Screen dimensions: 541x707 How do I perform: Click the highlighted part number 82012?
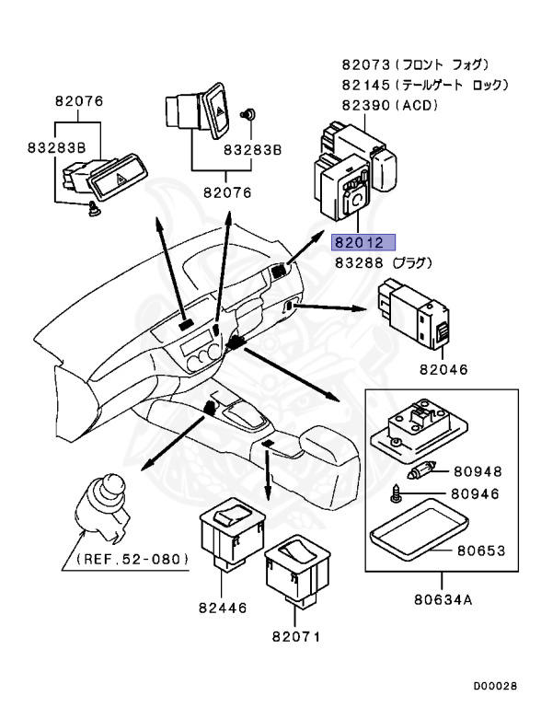point(363,243)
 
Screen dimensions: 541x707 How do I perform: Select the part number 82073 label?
point(365,65)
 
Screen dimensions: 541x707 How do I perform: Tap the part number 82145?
point(365,85)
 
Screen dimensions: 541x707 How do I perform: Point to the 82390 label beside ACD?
point(365,105)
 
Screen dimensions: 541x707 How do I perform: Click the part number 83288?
point(360,263)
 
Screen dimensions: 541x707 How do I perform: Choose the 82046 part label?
point(444,369)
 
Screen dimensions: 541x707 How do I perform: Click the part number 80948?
point(478,471)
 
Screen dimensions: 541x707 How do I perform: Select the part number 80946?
point(475,494)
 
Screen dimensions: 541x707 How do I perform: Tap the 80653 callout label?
point(481,551)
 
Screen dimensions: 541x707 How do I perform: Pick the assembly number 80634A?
point(443,600)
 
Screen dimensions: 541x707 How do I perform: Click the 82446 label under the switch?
point(224,608)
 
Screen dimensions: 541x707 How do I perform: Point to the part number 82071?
point(296,637)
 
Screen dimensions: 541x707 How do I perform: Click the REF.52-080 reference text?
point(132,559)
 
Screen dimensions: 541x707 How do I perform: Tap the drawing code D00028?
point(495,686)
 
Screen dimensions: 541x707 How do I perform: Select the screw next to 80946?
point(397,495)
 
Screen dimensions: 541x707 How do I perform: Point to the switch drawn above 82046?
point(414,314)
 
